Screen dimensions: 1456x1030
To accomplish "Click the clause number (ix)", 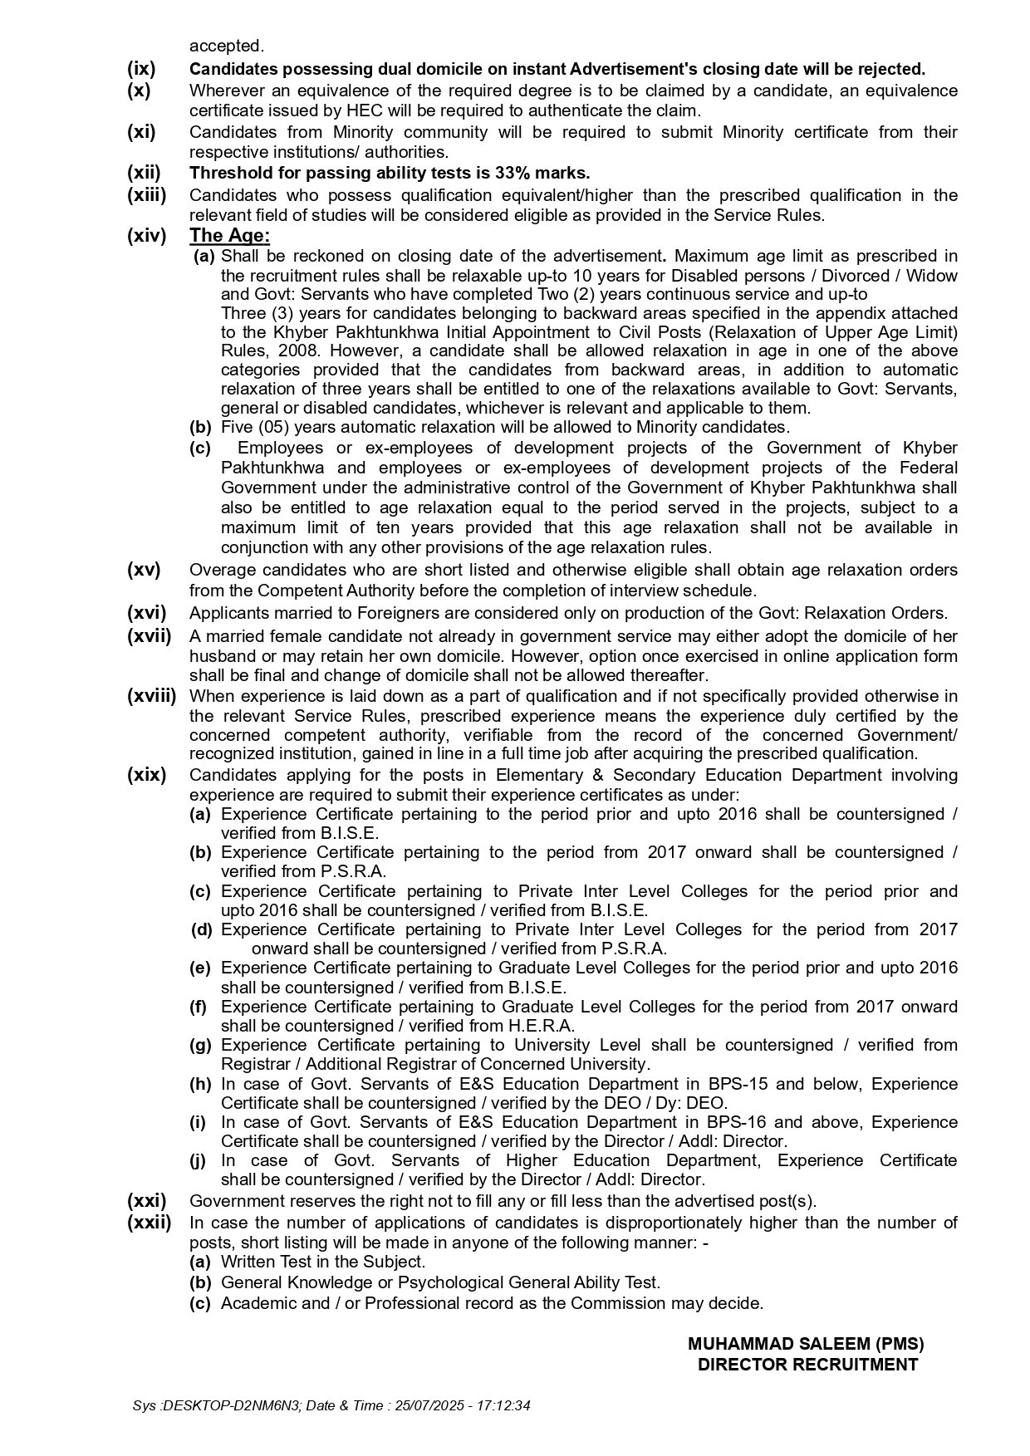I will tap(141, 69).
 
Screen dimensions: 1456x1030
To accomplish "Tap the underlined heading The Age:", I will tap(229, 236).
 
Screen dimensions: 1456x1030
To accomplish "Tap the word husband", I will tap(217, 656).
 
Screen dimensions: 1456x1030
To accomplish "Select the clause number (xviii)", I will tap(151, 696).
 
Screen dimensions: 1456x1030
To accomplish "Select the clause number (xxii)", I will tap(149, 1223).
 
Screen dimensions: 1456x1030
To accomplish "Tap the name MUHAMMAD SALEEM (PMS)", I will tap(806, 1344).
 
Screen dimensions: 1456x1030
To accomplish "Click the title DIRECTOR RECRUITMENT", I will tap(807, 1365).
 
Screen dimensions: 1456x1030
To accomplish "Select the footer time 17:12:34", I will tap(504, 1406).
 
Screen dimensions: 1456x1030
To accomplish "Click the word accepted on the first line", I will tap(226, 46).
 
